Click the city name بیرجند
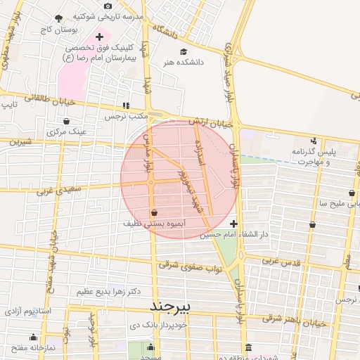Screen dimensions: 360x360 (x=171, y=307)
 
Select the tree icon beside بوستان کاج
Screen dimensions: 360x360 (x=58, y=18)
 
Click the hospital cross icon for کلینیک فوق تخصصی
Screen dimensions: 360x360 (x=99, y=36)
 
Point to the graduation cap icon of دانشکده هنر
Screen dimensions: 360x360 (x=184, y=51)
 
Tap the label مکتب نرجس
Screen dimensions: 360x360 (x=125, y=117)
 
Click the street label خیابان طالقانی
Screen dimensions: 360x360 (x=29, y=99)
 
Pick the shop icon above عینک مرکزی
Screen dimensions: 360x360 (x=65, y=121)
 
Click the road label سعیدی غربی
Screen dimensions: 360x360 (x=54, y=188)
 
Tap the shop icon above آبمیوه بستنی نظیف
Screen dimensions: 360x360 (x=154, y=212)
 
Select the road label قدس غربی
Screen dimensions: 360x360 (x=281, y=261)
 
